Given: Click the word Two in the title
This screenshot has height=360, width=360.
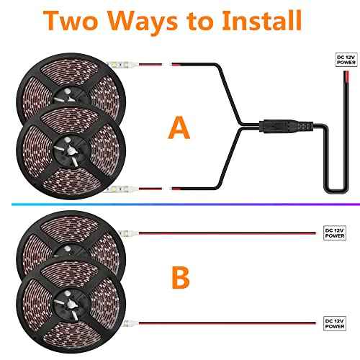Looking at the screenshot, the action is coord(71,21).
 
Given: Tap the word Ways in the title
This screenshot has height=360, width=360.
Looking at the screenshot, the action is coord(143,22).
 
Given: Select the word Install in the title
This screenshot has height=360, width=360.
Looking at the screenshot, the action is coord(262,20).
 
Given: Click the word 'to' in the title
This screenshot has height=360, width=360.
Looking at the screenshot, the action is coord(200,22).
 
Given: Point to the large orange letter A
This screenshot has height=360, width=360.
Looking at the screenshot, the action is coord(179,127).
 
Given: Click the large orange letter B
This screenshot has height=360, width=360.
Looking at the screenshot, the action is coord(181,277).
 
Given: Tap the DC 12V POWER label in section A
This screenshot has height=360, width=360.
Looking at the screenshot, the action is coord(346,60).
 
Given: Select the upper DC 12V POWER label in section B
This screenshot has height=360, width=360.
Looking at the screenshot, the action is coord(335,233).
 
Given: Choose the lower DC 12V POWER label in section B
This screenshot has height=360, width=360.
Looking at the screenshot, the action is coord(335,323).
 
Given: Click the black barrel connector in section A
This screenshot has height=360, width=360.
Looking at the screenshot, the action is coord(286,126).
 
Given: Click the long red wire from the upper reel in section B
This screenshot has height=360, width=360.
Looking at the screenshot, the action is coord(227,233).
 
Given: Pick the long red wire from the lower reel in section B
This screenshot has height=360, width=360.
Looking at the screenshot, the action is coord(227,323).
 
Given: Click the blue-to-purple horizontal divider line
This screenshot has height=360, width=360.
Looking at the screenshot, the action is coord(186,204).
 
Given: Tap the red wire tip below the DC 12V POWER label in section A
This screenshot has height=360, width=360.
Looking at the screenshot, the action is coord(346,76).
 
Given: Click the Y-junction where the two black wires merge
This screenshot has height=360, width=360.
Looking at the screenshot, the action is coord(241,126).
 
